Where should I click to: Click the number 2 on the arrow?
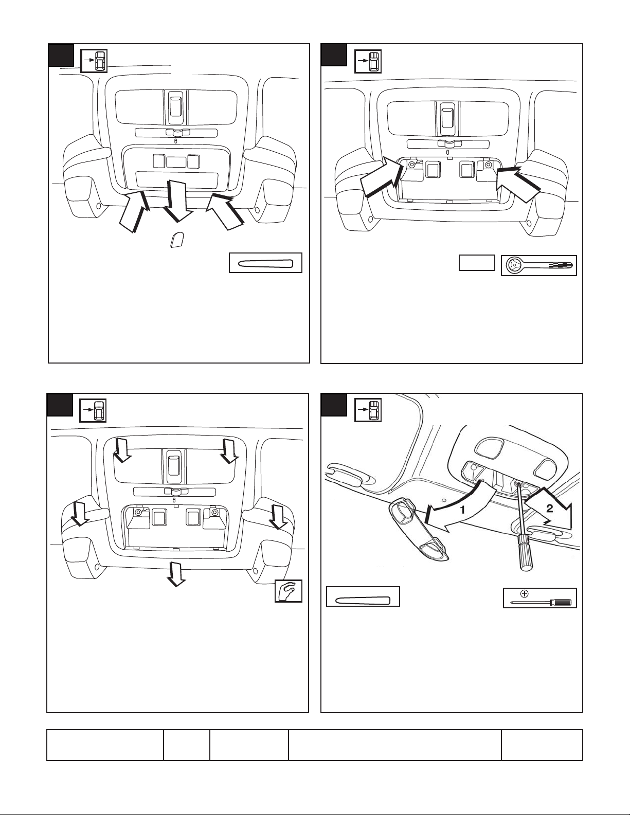coord(549,509)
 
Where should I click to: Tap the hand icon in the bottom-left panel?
coord(289,591)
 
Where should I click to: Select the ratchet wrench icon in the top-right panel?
coord(539,265)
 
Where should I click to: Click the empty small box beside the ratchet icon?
coord(477,263)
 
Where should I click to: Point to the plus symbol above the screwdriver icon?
coord(525,594)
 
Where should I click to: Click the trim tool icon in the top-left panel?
coord(265,263)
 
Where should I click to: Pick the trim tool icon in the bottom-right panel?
coord(363,596)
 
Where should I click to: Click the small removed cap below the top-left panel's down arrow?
coord(176,240)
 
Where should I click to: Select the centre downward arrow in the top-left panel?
coord(178,201)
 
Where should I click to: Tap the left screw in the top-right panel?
coord(412,165)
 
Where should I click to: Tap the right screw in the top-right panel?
coord(488,164)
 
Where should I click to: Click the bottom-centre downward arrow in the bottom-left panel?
coord(176,574)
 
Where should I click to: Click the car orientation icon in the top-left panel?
coord(95,60)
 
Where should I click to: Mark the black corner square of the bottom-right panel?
coord(334,405)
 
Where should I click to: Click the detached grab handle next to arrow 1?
coord(418,530)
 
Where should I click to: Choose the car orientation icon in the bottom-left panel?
coord(93,410)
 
